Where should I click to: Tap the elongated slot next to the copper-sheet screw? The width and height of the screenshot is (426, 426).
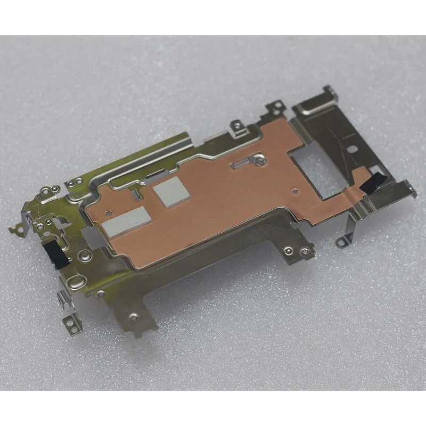click(x=241, y=163)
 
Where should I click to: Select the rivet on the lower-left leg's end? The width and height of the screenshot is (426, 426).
click(x=133, y=317)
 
